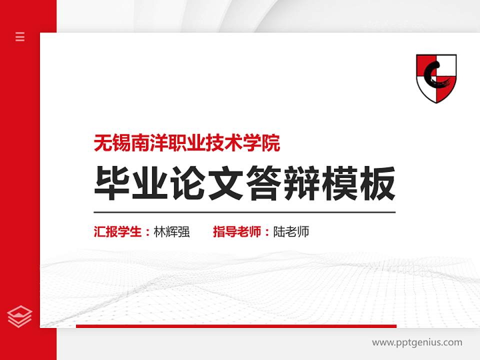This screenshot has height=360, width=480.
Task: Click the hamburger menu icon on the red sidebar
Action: point(20,36)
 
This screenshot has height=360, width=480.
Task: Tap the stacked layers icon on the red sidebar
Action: point(20,316)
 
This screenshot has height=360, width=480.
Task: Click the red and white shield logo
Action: point(436,78)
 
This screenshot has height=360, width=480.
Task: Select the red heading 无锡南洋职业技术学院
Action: point(187,143)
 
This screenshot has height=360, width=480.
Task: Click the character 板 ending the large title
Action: point(378,184)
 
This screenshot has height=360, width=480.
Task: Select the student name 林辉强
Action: point(172,232)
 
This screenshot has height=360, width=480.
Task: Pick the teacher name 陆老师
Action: point(291,232)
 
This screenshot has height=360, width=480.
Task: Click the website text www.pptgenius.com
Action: point(417,342)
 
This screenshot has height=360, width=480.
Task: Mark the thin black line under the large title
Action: point(244,212)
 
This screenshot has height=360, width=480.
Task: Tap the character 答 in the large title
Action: point(264,184)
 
